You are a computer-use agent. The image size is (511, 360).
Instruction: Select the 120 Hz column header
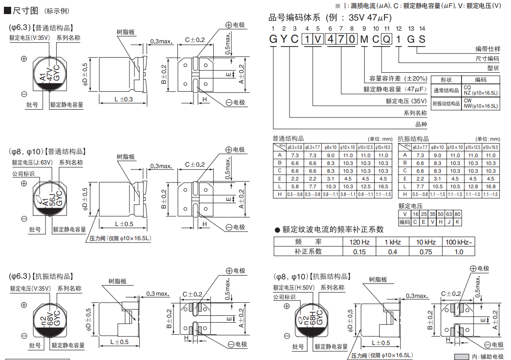click(x=359, y=242)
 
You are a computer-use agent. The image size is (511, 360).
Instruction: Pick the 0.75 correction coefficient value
click(x=426, y=251)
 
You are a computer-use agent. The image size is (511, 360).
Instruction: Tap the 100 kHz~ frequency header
click(x=459, y=242)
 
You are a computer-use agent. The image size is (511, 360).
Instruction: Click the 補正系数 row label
click(x=308, y=251)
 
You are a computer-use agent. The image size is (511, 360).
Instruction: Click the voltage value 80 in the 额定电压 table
click(x=457, y=214)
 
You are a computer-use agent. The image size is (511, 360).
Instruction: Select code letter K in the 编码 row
click(x=457, y=222)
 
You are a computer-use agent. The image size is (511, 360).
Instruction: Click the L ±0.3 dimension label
click(x=124, y=99)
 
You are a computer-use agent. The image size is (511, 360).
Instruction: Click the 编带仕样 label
click(x=487, y=49)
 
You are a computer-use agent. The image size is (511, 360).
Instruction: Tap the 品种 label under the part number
click(x=421, y=124)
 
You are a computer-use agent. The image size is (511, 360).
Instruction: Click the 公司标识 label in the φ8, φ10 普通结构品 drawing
click(x=23, y=174)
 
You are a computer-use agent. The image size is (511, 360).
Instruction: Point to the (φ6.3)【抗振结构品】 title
click(x=41, y=276)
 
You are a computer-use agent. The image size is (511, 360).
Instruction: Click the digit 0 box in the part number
click(x=351, y=40)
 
